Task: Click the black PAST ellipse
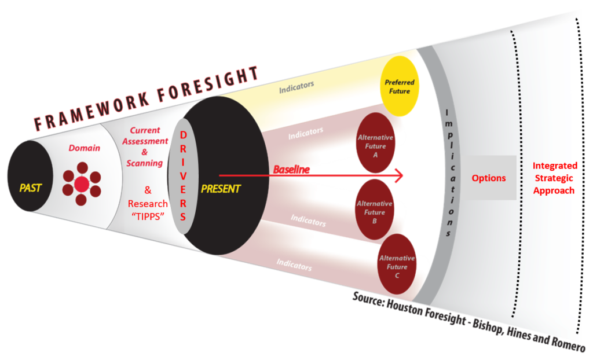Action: (x=30, y=176)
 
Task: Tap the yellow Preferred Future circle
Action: (x=400, y=86)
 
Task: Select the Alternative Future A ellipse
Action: (x=375, y=142)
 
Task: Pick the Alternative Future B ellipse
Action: (x=375, y=210)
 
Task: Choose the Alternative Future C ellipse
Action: (x=397, y=264)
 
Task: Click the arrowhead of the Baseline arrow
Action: (x=398, y=175)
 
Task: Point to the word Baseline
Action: (x=291, y=170)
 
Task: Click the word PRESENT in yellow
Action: (x=221, y=189)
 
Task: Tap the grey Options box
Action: (x=489, y=178)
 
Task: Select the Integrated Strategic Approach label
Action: (x=554, y=178)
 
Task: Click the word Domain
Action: (x=85, y=148)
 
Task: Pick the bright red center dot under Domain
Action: (x=82, y=184)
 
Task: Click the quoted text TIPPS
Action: (x=148, y=216)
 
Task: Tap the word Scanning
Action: (x=144, y=163)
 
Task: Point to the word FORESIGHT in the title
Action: (x=208, y=85)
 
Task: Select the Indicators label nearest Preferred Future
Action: (x=296, y=87)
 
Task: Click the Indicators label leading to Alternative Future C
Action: (x=294, y=265)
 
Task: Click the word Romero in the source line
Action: (x=569, y=342)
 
